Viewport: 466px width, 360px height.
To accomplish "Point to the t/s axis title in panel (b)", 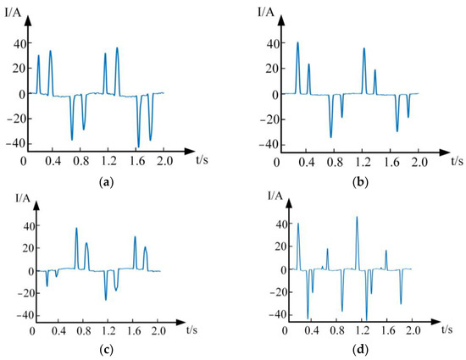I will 457,159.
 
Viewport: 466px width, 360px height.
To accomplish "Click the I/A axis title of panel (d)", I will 275,196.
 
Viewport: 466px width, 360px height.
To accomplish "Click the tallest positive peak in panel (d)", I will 357,218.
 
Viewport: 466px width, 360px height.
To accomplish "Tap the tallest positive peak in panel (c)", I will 76,229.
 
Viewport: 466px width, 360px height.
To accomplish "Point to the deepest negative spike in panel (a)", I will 139,146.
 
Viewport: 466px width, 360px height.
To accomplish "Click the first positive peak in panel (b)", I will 297,43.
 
